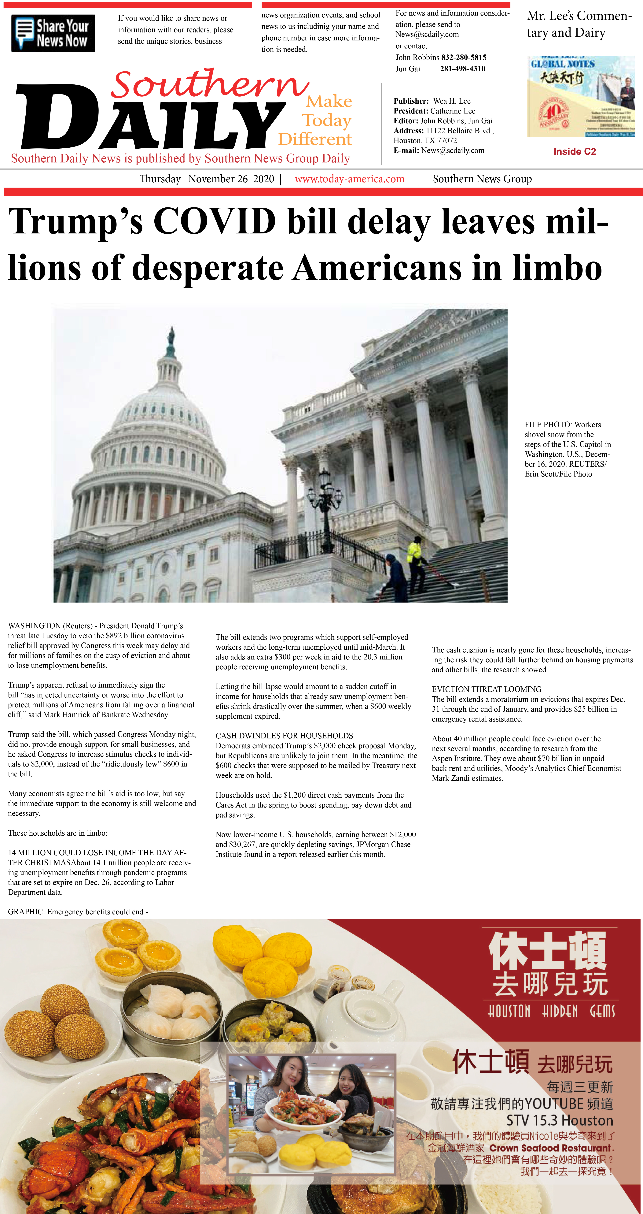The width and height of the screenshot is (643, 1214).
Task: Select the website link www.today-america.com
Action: pos(350,179)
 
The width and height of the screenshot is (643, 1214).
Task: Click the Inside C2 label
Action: pos(574,151)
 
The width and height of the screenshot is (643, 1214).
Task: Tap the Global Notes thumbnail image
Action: pos(580,97)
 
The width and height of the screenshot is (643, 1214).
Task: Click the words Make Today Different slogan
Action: pos(320,120)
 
